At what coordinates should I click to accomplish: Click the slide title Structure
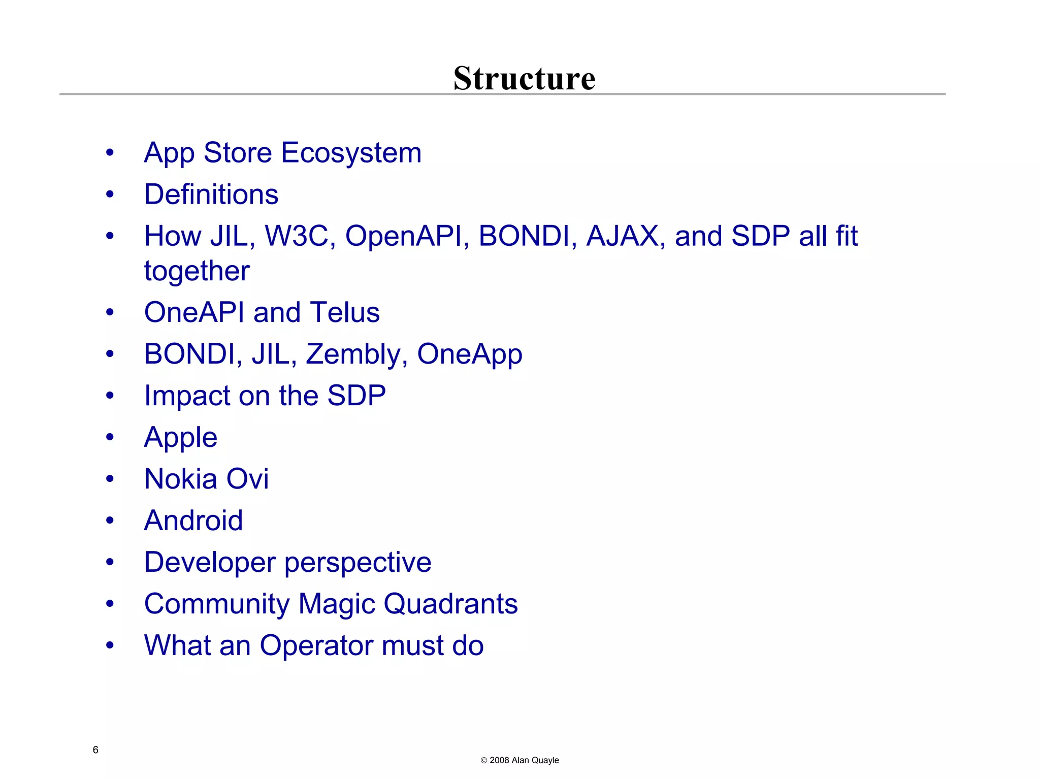(524, 79)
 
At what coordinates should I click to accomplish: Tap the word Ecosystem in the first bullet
(351, 153)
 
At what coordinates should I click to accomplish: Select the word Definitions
(211, 194)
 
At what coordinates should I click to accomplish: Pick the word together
(197, 271)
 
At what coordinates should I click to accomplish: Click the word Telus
(345, 312)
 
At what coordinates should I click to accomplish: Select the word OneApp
(469, 354)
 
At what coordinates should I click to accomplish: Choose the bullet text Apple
(181, 438)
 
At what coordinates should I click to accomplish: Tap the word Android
(193, 521)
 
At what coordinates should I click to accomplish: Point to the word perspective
(357, 563)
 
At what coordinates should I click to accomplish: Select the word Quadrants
(450, 604)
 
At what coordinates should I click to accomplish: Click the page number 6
(95, 750)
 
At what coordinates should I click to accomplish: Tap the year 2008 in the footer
(499, 760)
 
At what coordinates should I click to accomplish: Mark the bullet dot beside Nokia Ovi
(110, 479)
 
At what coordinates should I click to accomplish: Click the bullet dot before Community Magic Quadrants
(110, 604)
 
